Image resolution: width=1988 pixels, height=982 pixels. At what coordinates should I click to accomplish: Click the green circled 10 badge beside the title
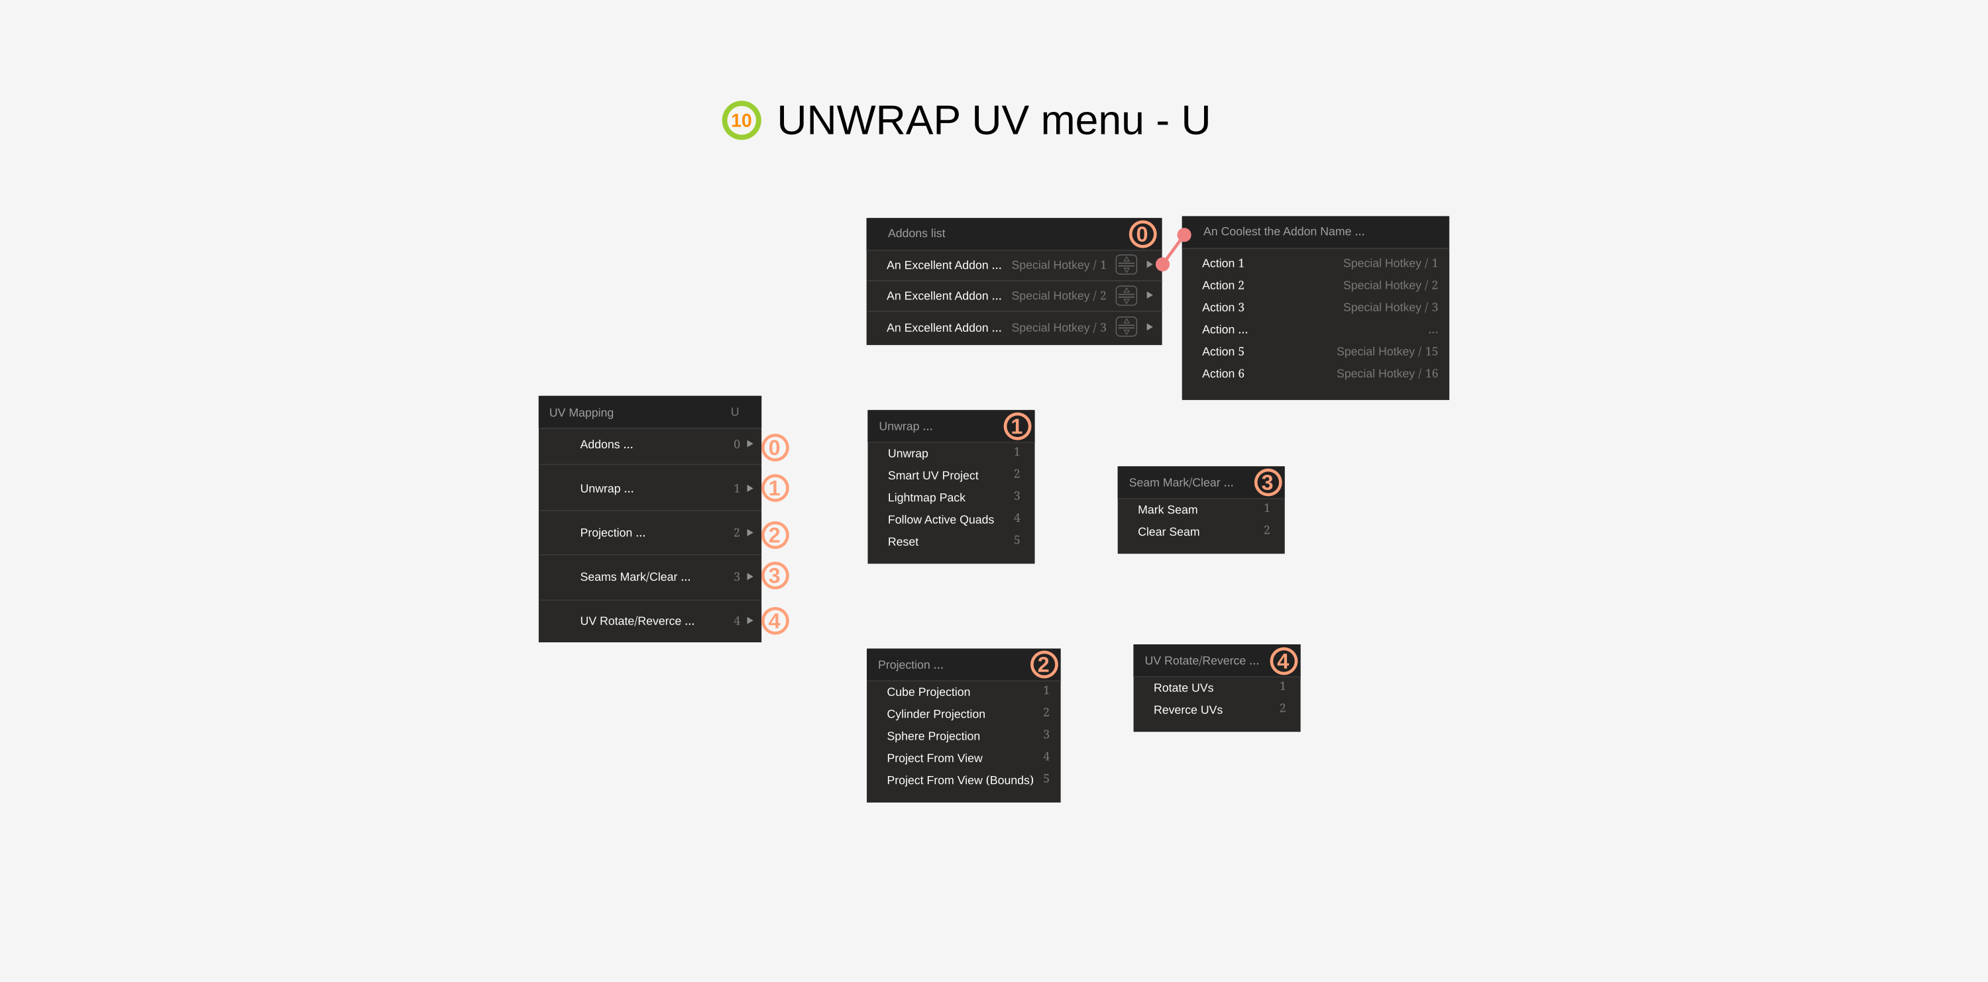pyautogui.click(x=741, y=121)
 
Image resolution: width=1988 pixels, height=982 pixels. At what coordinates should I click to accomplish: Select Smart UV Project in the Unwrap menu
pyautogui.click(x=932, y=475)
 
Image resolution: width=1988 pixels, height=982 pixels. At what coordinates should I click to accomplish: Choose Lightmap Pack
pyautogui.click(x=926, y=497)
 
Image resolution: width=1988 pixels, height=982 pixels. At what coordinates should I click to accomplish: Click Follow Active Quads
pyautogui.click(x=940, y=519)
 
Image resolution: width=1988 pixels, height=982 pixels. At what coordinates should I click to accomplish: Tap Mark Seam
pyautogui.click(x=1167, y=509)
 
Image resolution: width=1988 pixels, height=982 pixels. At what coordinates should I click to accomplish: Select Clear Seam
pyautogui.click(x=1168, y=532)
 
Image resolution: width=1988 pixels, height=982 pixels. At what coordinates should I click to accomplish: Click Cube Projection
pyautogui.click(x=928, y=692)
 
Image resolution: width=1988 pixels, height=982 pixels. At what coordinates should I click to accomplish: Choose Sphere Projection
pyautogui.click(x=933, y=736)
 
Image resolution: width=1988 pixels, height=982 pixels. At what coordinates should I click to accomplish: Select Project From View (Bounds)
pyautogui.click(x=960, y=780)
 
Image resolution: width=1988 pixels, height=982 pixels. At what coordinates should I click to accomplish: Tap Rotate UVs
pyautogui.click(x=1183, y=687)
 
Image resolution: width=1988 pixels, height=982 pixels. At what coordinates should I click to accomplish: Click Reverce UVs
pyautogui.click(x=1187, y=710)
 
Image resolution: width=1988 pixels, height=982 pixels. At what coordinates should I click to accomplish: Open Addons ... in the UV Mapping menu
pyautogui.click(x=606, y=444)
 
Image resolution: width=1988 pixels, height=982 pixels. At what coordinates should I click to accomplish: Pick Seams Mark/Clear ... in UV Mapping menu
pyautogui.click(x=635, y=577)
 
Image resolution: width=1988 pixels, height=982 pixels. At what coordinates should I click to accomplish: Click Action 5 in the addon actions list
pyautogui.click(x=1223, y=351)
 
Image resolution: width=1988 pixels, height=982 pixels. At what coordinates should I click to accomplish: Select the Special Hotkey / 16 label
pyautogui.click(x=1387, y=373)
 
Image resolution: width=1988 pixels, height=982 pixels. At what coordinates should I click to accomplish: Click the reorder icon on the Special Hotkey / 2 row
pyautogui.click(x=1126, y=295)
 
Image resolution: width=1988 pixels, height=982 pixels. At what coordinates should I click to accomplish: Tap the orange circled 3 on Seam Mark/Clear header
pyautogui.click(x=1266, y=482)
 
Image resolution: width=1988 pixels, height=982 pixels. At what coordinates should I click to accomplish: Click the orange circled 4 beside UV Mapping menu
pyautogui.click(x=775, y=621)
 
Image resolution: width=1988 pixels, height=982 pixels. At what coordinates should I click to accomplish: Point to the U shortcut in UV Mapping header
pyautogui.click(x=735, y=412)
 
